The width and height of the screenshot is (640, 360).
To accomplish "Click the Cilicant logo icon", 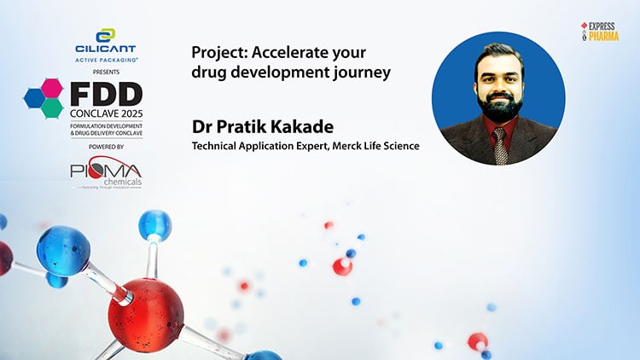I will click(x=106, y=37).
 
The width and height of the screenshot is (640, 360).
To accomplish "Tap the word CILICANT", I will click(x=105, y=49).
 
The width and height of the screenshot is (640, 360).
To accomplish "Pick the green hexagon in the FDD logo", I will click(x=53, y=107).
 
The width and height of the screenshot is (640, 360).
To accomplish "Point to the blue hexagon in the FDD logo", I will click(x=35, y=98).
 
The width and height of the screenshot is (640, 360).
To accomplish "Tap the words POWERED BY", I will click(x=106, y=147).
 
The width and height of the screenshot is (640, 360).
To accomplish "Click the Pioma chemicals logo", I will click(x=106, y=172).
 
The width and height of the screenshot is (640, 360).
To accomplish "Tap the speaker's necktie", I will click(x=500, y=146).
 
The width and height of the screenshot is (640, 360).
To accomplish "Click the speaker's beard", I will click(x=500, y=107).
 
